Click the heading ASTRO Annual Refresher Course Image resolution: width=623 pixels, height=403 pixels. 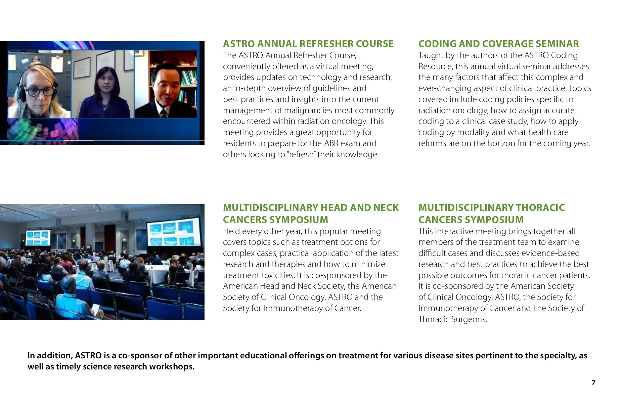point(308,44)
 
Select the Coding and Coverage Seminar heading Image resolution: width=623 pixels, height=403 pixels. point(498,44)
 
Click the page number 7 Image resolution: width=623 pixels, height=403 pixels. point(593,383)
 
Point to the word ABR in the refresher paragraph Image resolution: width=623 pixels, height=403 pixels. point(331,143)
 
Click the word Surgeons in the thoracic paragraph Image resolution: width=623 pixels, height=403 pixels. point(470,319)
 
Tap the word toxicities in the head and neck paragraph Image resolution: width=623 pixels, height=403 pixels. point(277,275)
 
